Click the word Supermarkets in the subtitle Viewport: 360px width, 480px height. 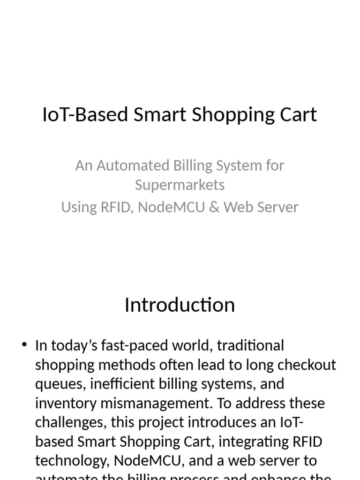[x=180, y=185]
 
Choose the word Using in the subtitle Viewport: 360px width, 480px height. [x=79, y=207]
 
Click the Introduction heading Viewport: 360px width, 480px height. [x=180, y=305]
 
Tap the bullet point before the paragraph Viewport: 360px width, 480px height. [x=25, y=346]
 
